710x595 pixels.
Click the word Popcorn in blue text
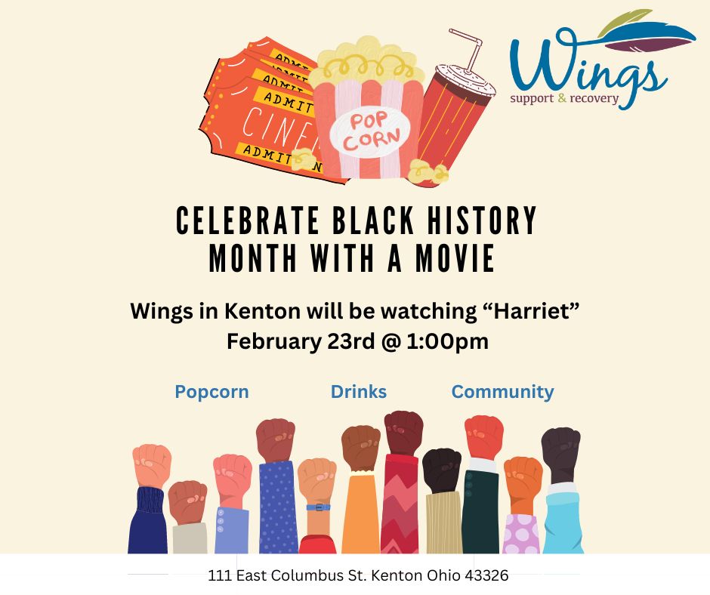pos(212,392)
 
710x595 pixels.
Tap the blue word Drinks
pos(359,392)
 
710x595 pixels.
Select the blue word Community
pos(502,392)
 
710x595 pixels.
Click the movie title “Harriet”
pos(529,311)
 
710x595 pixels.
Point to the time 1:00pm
pos(448,342)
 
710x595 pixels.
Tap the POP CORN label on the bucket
pos(370,132)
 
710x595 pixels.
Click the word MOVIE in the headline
pos(455,258)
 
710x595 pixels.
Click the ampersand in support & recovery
pos(562,98)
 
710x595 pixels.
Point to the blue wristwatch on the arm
pos(318,507)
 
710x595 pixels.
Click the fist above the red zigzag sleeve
pos(403,433)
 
